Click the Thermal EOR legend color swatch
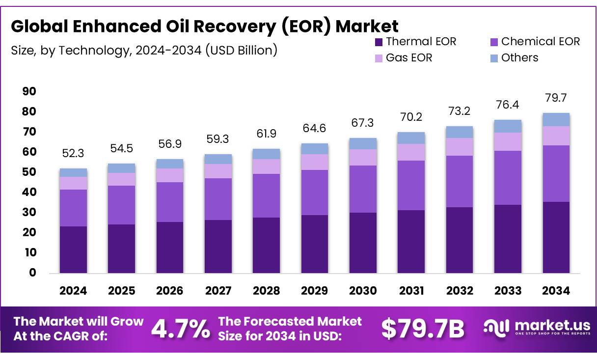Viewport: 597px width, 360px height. click(379, 42)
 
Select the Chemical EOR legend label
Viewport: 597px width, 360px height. click(540, 42)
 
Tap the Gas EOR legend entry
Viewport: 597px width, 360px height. click(409, 58)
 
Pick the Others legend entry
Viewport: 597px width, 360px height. click(519, 58)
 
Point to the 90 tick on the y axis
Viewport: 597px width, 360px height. click(29, 92)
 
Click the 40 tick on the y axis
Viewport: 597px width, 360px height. click(29, 193)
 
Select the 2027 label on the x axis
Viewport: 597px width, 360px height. click(218, 291)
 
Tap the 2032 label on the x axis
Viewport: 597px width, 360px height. click(460, 291)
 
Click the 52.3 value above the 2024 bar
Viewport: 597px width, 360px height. click(73, 154)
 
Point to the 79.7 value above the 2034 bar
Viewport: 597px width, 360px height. click(556, 98)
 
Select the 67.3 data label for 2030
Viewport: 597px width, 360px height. click(363, 123)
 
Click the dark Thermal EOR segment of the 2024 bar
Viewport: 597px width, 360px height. click(73, 249)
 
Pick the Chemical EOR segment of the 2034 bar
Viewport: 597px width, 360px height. click(556, 173)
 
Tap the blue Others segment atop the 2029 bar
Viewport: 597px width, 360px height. click(315, 149)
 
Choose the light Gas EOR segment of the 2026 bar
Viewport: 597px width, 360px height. click(170, 175)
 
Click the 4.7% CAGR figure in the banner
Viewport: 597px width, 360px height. click(180, 329)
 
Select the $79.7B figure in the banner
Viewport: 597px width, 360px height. click(422, 329)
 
